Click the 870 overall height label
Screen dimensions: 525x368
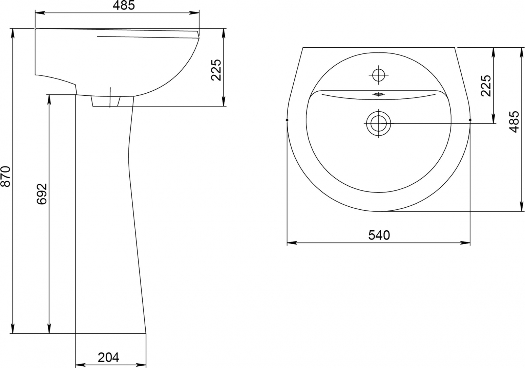(6, 176)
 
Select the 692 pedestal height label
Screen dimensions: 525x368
(42, 194)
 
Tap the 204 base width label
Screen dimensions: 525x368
(108, 358)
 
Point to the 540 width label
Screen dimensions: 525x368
(379, 235)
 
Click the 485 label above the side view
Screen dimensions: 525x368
(124, 5)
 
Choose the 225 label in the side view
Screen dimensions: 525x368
(216, 70)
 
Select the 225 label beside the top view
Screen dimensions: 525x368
(486, 86)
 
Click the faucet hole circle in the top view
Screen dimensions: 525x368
(379, 75)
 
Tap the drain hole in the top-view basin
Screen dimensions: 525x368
(379, 123)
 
